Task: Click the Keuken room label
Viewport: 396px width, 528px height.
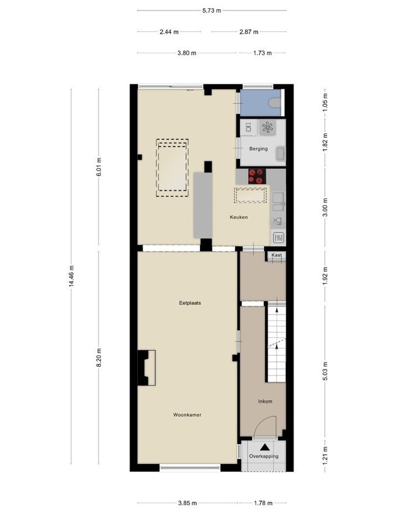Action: (x=238, y=217)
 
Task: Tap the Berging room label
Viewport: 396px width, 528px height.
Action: (x=258, y=148)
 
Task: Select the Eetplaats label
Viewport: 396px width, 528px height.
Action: (x=190, y=303)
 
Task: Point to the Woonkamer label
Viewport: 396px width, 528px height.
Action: (x=187, y=415)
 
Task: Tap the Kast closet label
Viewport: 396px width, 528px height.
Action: (x=276, y=255)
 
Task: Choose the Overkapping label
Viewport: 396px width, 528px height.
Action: (x=263, y=456)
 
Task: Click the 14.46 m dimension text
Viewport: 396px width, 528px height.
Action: (x=71, y=276)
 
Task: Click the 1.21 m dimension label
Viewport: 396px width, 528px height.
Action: (x=324, y=455)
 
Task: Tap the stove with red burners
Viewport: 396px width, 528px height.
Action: (x=257, y=174)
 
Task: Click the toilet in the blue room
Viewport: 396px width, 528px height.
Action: (x=273, y=103)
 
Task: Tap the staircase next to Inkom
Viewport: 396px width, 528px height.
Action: (x=276, y=343)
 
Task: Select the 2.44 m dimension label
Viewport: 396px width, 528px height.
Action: (x=169, y=32)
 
